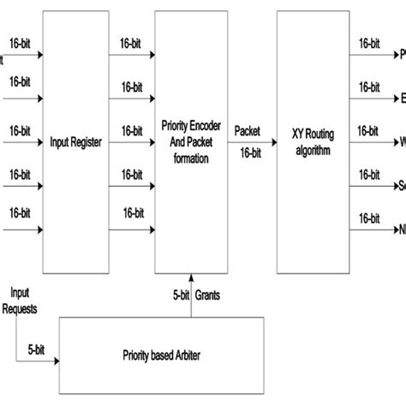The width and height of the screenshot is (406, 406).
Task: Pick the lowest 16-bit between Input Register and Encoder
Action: (x=131, y=212)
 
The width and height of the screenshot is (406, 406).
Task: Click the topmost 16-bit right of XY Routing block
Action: (x=369, y=43)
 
